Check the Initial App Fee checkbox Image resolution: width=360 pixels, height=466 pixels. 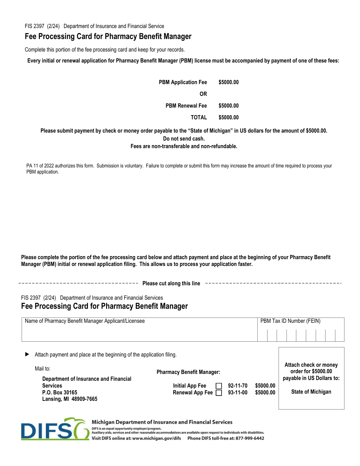coord(219,386)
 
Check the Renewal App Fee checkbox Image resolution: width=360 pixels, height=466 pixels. coord(219,393)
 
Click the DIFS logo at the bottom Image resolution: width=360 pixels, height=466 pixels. coord(55,429)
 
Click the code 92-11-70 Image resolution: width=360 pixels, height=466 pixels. coord(238,386)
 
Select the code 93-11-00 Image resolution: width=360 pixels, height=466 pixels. coord(238,393)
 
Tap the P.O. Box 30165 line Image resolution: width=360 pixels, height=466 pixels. coord(59,393)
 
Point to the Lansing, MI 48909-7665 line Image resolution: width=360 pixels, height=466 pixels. coord(70,399)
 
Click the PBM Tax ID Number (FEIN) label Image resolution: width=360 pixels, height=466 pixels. coord(290,321)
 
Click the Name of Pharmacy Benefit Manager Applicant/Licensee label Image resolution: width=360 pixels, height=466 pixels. coord(85,321)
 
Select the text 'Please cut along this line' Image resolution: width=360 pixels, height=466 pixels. coord(171,283)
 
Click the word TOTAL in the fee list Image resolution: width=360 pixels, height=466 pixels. coord(199,117)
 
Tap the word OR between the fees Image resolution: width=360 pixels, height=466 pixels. coord(203,94)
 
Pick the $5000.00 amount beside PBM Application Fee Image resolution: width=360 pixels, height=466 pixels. coord(229,82)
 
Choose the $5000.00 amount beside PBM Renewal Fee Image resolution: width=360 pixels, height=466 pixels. coord(229,106)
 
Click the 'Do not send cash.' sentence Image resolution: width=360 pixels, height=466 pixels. coord(184,139)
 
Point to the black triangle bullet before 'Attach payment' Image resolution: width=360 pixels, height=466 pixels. coord(27,354)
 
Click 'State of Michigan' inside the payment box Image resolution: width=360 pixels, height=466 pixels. coord(311,392)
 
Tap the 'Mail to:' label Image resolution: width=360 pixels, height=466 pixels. coord(42,369)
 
